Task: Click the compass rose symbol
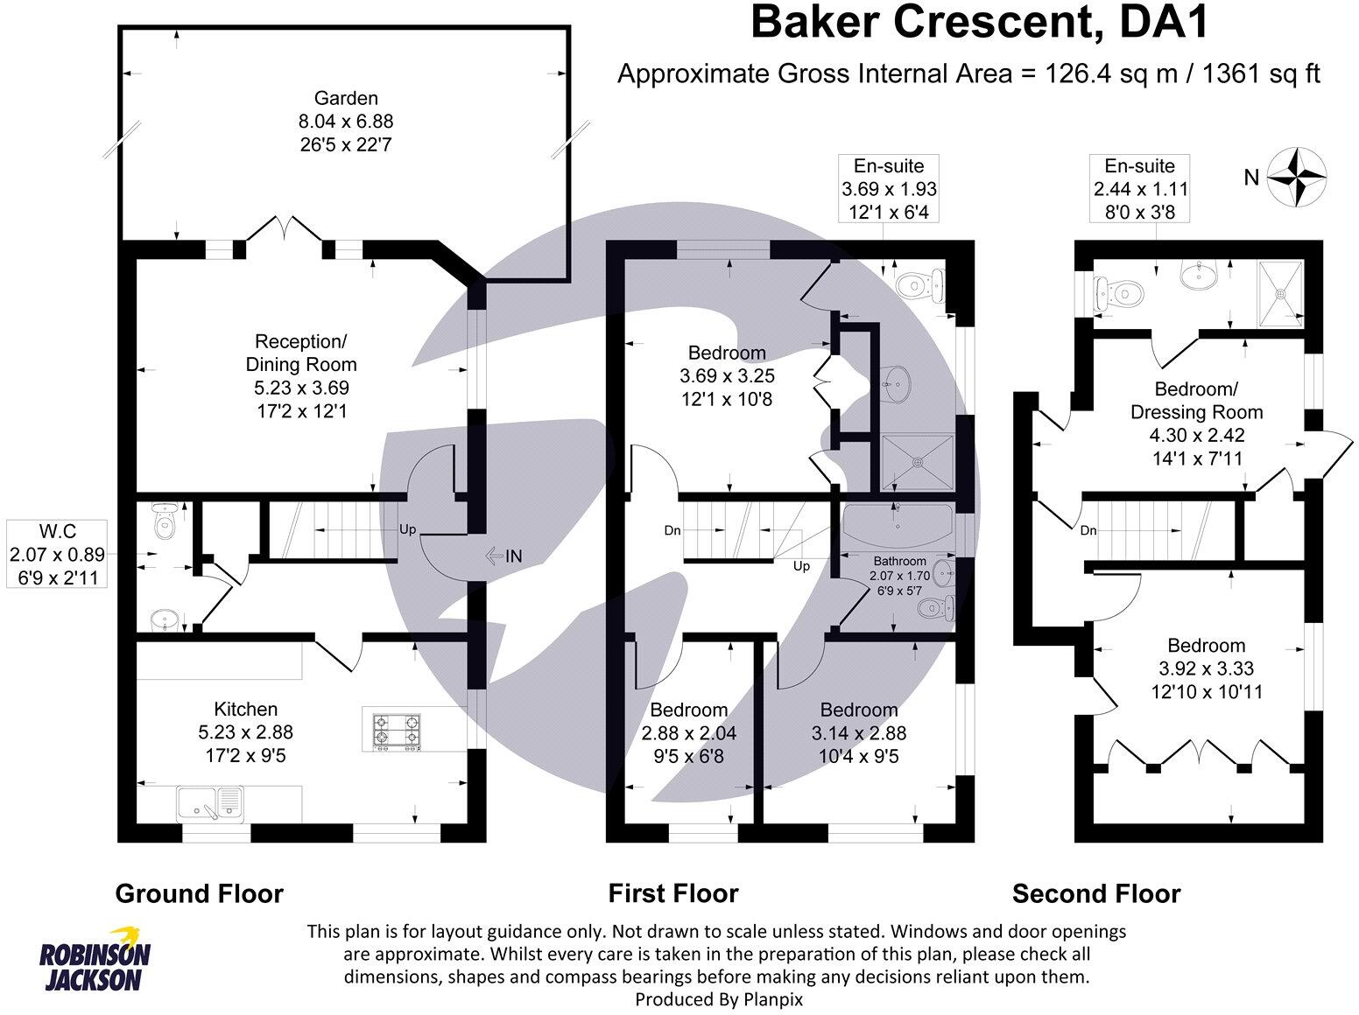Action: click(1297, 178)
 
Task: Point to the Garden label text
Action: click(347, 98)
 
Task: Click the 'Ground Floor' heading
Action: click(200, 893)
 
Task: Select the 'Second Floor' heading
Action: click(1096, 893)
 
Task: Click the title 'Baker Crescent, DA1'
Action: click(980, 24)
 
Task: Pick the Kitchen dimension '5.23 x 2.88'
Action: click(246, 732)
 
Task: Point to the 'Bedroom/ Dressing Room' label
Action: click(1197, 401)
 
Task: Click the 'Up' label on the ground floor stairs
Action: click(408, 529)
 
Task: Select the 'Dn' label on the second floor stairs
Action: click(1088, 530)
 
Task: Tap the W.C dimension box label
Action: click(57, 554)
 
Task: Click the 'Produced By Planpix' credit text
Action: click(719, 998)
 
